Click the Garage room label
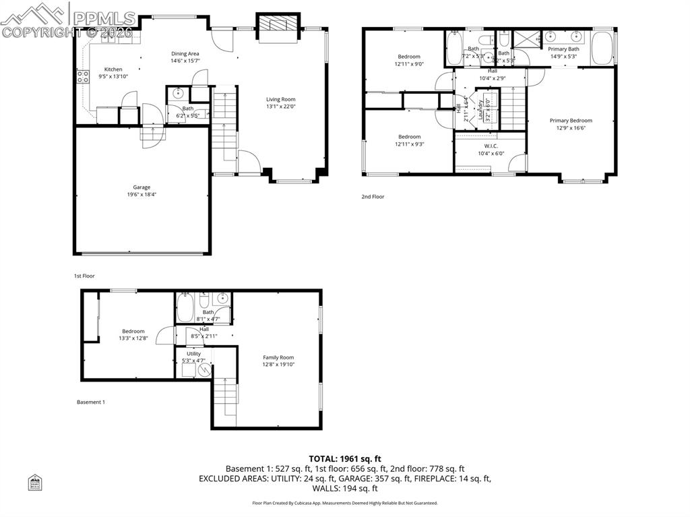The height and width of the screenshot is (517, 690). click(x=142, y=187)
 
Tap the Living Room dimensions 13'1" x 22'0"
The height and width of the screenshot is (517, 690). click(x=280, y=107)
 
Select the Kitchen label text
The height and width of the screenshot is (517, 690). click(x=113, y=69)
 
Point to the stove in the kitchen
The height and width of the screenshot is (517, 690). click(x=83, y=77)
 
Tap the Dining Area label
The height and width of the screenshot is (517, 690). click(x=185, y=54)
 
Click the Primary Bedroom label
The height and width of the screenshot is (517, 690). click(x=571, y=121)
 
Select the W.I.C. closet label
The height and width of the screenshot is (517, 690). click(x=491, y=146)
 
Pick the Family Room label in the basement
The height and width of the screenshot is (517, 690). click(x=278, y=357)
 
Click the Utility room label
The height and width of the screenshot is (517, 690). click(x=193, y=353)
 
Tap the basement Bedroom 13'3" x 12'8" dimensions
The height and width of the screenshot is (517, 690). click(x=133, y=338)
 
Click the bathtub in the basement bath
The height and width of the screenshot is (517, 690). click(x=186, y=308)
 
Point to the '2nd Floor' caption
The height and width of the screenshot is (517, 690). click(x=373, y=197)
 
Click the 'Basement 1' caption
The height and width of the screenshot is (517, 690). click(x=91, y=402)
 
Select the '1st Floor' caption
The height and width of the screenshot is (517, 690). click(x=84, y=276)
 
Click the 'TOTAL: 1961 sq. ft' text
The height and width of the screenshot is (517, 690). click(x=344, y=458)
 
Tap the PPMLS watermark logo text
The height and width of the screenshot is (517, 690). click(x=104, y=18)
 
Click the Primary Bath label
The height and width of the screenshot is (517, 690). click(x=563, y=49)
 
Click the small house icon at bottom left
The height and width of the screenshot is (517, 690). click(x=35, y=482)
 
